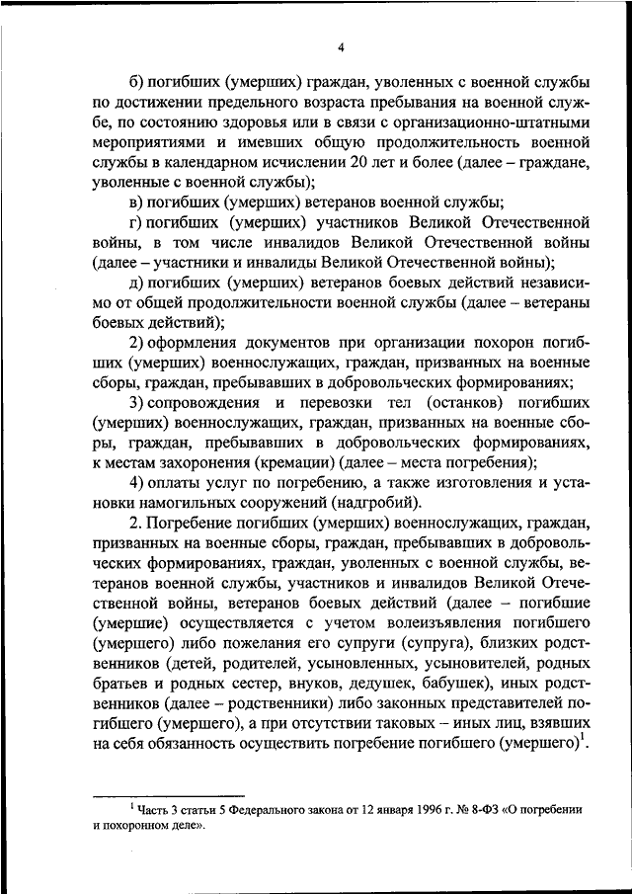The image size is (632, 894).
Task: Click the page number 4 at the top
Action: [x=341, y=46]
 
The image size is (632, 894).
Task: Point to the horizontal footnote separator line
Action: [x=168, y=793]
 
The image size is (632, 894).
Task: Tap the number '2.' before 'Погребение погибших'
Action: [x=134, y=522]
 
